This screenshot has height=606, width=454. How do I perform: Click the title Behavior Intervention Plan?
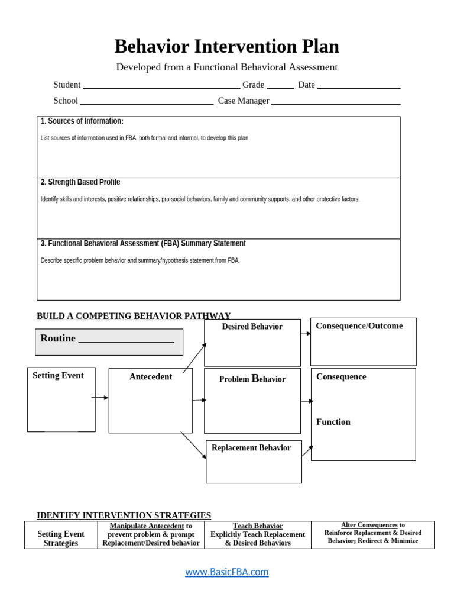226,46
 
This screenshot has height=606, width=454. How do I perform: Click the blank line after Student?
161,88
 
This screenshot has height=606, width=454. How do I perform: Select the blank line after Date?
359,88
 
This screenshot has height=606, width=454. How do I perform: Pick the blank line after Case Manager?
335,104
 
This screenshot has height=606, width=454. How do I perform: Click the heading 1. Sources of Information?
82,121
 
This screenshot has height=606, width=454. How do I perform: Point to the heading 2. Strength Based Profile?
80,182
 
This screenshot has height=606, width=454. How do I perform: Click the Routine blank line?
126,341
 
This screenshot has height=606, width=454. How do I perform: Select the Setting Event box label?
58,375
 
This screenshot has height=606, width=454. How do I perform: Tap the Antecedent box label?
151,377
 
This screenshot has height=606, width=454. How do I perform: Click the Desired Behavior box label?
252,327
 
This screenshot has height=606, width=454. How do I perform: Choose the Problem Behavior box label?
252,379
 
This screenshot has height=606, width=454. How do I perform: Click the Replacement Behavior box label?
251,448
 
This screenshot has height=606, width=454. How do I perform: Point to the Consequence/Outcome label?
359,326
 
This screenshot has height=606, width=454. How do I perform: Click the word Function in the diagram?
333,422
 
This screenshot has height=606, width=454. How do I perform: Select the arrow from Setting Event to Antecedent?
100,398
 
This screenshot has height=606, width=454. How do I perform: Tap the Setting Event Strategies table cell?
61,539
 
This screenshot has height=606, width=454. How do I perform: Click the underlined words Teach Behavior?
258,526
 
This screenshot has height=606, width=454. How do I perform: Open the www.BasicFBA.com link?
227,572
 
